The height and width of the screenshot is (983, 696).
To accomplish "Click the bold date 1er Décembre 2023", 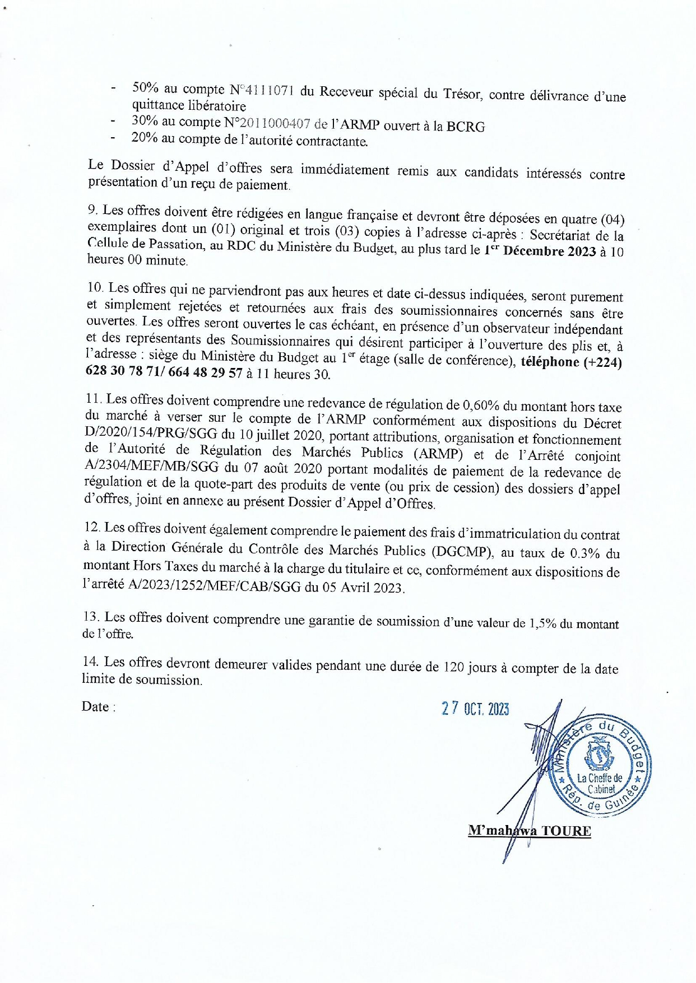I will [540, 251].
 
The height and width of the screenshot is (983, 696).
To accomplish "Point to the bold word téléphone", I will [550, 362].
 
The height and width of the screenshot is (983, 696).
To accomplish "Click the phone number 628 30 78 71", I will [118, 372].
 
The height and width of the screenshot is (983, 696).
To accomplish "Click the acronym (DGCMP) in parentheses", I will [462, 552].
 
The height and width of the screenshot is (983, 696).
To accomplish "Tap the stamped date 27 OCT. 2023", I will [475, 709].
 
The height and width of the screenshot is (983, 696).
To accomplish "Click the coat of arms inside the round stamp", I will [599, 754].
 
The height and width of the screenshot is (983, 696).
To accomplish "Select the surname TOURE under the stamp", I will [566, 830].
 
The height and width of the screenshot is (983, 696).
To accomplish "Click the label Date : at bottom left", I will [98, 707].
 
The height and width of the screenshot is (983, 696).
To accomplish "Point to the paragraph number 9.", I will [92, 210].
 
